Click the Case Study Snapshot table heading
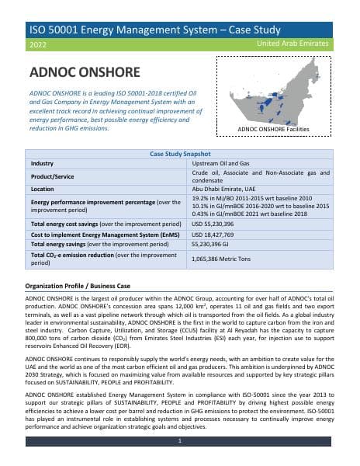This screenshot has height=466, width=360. [179, 155]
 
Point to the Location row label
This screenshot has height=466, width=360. [43, 189]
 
